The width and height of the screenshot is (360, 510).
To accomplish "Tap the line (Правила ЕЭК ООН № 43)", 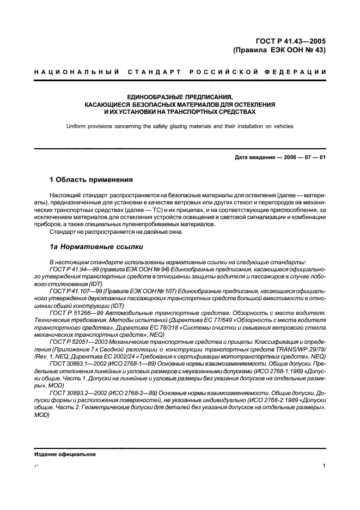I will click(279, 50).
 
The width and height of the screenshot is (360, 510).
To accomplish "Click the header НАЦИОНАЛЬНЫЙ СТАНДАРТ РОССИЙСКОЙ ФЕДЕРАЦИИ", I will click(180, 72).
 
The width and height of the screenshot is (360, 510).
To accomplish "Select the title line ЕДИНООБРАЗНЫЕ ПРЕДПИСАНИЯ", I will click(180, 96).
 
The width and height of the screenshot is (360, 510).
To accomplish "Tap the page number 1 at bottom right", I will click(324, 466).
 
